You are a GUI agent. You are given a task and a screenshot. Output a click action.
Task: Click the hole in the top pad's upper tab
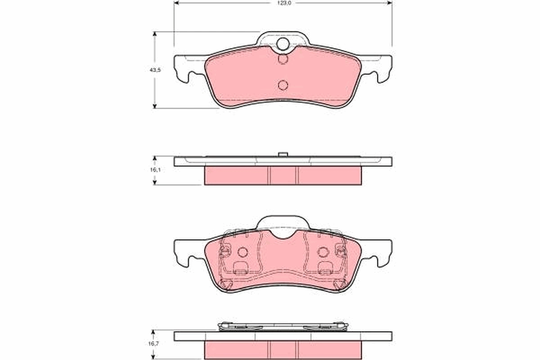283,44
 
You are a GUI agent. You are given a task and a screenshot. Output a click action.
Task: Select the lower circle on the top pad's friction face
283,85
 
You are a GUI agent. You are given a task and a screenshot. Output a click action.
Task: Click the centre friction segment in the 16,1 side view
283,175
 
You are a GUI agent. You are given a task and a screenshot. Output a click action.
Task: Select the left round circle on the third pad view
243,252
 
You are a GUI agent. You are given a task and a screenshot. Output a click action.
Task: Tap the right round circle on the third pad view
323,252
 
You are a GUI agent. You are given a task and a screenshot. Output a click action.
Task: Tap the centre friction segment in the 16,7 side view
283,350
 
